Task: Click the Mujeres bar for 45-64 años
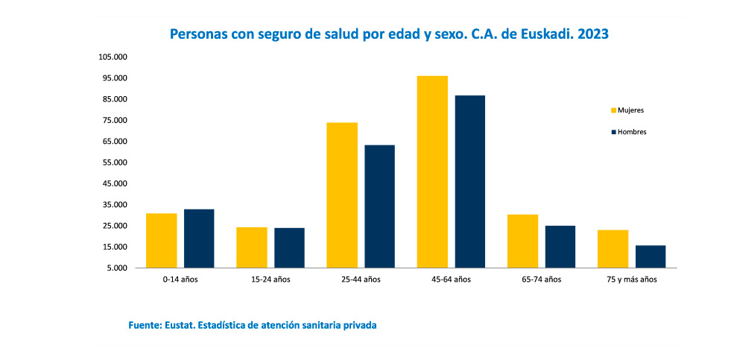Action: tap(432, 171)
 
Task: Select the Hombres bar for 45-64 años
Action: tap(470, 181)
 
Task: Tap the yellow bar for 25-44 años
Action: tap(342, 195)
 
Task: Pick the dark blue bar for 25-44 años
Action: tap(379, 206)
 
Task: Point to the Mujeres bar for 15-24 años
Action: tap(252, 247)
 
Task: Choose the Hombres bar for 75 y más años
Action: tap(651, 256)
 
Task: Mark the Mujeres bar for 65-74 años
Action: tap(522, 241)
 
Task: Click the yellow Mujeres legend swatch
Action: tap(613, 110)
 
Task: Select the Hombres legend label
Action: tap(632, 132)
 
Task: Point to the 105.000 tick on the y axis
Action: tap(114, 57)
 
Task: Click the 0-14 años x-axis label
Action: tap(180, 280)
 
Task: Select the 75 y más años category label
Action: tap(632, 280)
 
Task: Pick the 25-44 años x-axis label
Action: tap(361, 280)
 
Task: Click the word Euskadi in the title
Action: tap(537, 34)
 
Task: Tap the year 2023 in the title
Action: tap(592, 34)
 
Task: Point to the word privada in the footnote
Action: tap(358, 326)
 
